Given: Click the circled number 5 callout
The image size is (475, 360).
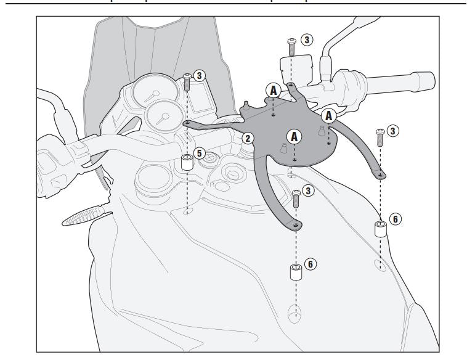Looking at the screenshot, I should [198, 152].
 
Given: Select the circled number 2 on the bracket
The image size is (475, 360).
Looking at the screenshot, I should [247, 138].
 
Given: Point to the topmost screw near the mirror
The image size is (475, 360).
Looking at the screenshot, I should [291, 44].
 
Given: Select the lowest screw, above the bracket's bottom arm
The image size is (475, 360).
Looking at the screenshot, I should [296, 197].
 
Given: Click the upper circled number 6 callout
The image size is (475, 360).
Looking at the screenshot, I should [396, 218].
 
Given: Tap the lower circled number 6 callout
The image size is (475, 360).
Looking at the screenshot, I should [311, 263].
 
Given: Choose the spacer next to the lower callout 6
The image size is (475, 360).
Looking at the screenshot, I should [296, 272].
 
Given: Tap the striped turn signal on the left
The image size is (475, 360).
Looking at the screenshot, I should [86, 214].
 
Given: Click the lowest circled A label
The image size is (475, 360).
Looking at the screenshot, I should [295, 136].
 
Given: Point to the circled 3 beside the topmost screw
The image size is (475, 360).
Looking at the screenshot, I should [306, 39].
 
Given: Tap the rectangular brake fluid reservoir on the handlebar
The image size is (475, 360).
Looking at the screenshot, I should [294, 67].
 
